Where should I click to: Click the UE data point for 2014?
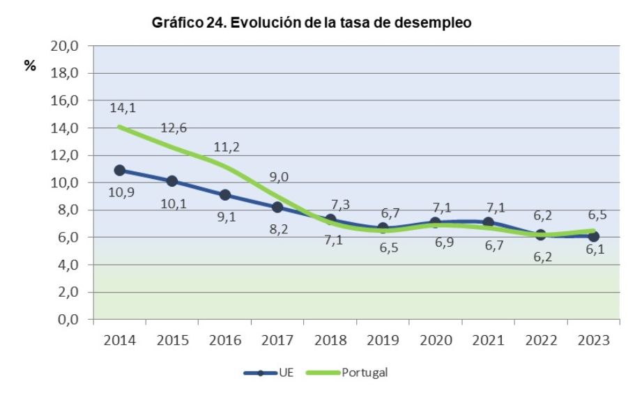click(120, 170)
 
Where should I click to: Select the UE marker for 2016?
click(225, 195)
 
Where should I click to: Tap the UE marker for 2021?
click(488, 222)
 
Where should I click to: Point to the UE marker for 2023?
click(593, 236)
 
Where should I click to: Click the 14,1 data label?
click(122, 108)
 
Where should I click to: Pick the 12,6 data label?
click(173, 127)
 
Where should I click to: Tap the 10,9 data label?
click(121, 192)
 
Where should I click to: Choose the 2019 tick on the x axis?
click(383, 341)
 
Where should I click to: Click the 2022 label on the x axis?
click(541, 341)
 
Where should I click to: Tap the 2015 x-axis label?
click(172, 341)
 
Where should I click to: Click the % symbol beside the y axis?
click(30, 67)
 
